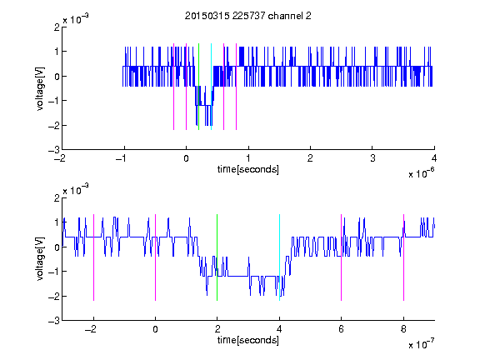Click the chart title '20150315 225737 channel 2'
point(248,16)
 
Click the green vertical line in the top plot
point(198,87)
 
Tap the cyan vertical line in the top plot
point(211,87)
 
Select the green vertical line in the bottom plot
point(217,257)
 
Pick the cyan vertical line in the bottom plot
point(279,257)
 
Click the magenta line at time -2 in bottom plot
point(93,257)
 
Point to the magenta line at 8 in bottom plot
point(404,257)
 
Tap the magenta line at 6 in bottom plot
point(342,257)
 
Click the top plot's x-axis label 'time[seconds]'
point(248,169)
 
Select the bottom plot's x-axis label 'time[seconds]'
point(248,340)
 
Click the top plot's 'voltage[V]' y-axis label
point(40,88)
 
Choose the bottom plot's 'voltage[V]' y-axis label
point(40,258)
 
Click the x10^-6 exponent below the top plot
point(422,173)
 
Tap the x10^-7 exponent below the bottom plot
point(422,344)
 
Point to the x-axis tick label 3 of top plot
point(372,158)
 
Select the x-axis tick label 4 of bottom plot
point(279,329)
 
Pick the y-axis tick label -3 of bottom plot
point(54,321)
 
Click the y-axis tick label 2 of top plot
point(57,27)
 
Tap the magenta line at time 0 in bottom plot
point(156,257)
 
